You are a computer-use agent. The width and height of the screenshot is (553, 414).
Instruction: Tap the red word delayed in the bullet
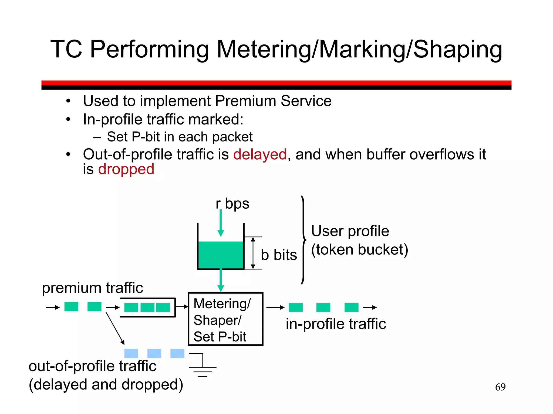point(260,155)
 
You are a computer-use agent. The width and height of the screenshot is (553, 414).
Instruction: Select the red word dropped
point(126,170)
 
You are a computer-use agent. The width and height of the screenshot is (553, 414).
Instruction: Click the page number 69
point(500,387)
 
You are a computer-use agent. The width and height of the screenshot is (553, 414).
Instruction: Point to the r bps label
point(232,203)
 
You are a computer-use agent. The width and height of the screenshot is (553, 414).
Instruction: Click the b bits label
point(279,255)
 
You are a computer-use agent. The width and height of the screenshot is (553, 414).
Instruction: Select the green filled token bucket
point(221,255)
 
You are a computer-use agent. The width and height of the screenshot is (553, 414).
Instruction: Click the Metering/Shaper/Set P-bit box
point(225,319)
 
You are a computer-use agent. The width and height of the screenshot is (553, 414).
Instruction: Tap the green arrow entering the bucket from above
point(221,222)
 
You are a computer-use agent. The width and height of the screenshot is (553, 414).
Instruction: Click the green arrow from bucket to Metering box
point(221,280)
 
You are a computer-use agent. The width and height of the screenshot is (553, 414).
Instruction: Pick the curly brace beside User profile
point(304,240)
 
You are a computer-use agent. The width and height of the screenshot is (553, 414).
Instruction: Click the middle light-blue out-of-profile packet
point(154,353)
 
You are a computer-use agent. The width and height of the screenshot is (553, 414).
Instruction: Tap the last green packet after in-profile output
point(351,307)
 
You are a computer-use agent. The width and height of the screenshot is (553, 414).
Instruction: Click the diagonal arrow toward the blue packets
point(115,328)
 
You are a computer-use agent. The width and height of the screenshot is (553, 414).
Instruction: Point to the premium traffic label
point(92,288)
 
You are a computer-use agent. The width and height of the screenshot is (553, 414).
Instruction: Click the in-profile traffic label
point(336,324)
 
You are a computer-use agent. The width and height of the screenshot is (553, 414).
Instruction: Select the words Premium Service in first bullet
point(273,101)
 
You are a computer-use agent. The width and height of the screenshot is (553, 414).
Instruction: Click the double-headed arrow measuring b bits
point(253,253)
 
